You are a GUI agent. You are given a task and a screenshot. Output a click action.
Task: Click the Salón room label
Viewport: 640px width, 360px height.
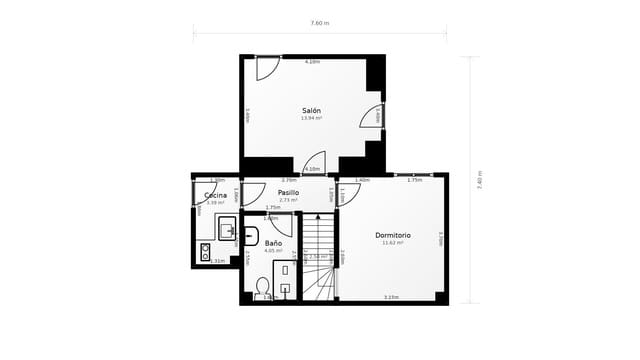click(x=311, y=110)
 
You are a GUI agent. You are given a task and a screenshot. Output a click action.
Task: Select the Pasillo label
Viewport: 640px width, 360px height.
click(x=288, y=192)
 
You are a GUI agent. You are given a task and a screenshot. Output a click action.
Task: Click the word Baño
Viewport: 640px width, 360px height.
click(x=273, y=243)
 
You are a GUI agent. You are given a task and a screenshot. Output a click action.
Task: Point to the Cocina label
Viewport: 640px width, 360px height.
click(x=215, y=195)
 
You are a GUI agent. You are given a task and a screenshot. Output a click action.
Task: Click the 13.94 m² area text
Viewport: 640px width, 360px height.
click(x=311, y=118)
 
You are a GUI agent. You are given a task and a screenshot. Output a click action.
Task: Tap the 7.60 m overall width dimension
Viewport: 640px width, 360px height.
click(x=319, y=23)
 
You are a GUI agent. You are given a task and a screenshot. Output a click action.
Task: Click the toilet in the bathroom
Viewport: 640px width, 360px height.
click(x=262, y=288)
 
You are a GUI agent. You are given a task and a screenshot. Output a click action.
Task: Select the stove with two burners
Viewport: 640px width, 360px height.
click(x=205, y=251)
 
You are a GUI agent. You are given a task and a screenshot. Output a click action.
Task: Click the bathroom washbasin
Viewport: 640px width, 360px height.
click(x=248, y=237)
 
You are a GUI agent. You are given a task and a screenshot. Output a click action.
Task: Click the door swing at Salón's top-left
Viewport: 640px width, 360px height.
click(x=266, y=68)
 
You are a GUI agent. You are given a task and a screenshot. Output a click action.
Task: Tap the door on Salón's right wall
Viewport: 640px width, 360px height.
click(x=372, y=116)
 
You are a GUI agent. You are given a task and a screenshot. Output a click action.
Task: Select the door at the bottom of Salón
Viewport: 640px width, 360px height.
click(x=314, y=162)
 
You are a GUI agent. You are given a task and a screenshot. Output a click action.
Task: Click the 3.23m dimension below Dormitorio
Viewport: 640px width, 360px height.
click(x=391, y=297)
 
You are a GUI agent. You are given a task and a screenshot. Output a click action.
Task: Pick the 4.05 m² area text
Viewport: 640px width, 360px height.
click(x=273, y=251)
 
